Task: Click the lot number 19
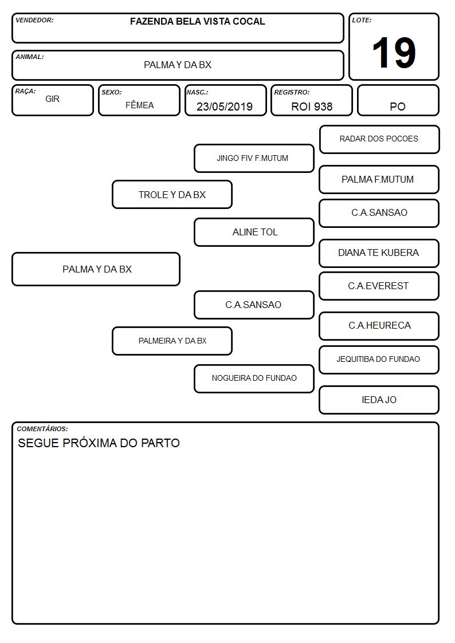tap(394, 53)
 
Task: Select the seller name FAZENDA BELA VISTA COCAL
tap(197, 21)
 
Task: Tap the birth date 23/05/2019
tap(225, 106)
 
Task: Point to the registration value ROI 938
tap(312, 106)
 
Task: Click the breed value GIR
tap(53, 99)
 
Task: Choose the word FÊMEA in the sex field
tap(139, 105)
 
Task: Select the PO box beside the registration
tap(398, 100)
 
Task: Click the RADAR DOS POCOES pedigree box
tap(379, 140)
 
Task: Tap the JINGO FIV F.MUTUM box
tap(254, 158)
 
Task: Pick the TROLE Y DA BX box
tap(172, 194)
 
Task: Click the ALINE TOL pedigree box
tap(254, 232)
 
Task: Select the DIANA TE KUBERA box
tap(379, 254)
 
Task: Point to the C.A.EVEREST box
tap(379, 286)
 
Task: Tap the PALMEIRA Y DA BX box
tap(172, 341)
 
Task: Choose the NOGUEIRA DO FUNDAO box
tap(254, 378)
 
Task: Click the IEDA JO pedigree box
tap(379, 400)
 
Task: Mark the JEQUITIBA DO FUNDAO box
tap(379, 360)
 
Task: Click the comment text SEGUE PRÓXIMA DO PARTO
tap(99, 443)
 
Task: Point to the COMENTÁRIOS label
tap(42, 429)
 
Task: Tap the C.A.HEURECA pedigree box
tap(379, 326)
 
